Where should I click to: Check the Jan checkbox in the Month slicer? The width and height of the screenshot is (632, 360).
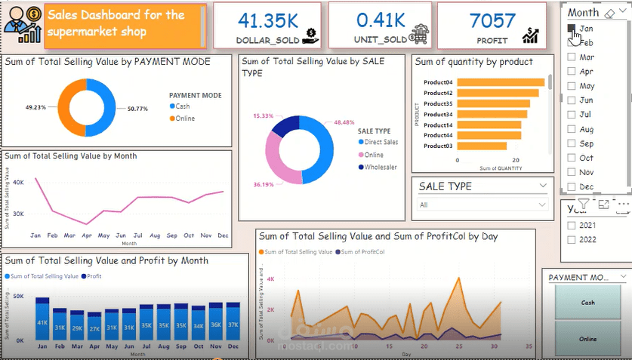coord(572,28)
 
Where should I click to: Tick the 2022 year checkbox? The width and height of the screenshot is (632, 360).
coord(572,240)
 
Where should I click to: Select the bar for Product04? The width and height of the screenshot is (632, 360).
coord(501,82)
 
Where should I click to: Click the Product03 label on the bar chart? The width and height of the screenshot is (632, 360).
coord(438,146)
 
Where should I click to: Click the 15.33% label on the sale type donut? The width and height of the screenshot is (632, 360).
coord(263,116)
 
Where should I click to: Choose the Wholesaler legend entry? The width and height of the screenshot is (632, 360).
coord(381,167)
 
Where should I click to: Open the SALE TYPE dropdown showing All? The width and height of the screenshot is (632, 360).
coord(483,205)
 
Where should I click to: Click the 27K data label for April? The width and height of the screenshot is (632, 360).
coord(94,328)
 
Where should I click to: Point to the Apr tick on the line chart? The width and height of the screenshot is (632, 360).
coord(88,235)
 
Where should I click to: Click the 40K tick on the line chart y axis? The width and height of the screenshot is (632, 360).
coord(18,181)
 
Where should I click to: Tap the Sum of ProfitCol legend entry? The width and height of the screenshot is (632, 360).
coord(363,251)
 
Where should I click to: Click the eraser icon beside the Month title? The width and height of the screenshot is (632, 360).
coord(611,13)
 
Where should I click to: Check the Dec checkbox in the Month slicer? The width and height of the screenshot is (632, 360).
coord(572,186)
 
